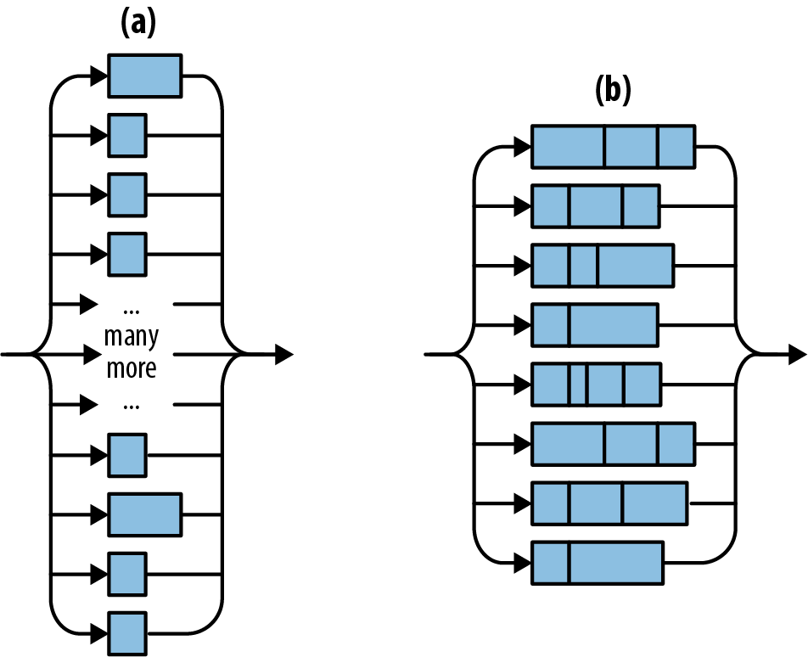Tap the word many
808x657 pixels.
tap(131, 337)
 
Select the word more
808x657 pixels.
tap(131, 370)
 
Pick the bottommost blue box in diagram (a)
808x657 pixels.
tap(128, 633)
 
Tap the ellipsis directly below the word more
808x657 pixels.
tap(131, 404)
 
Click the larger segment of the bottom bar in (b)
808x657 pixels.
tap(615, 563)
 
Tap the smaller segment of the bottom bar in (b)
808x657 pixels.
tap(550, 563)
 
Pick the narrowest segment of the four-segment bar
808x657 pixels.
tap(578, 384)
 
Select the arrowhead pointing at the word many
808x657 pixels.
tap(90, 353)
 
